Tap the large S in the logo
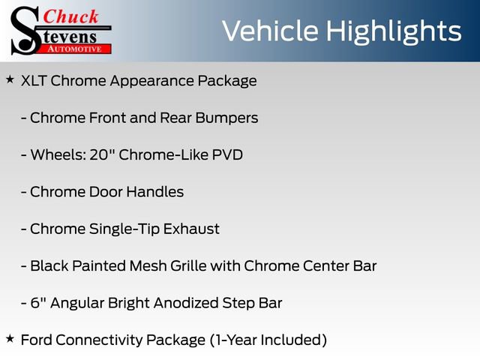coord(25,30)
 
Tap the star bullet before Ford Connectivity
coord(10,339)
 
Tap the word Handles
coord(154,192)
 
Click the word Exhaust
coord(192,229)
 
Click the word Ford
coord(37,340)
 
